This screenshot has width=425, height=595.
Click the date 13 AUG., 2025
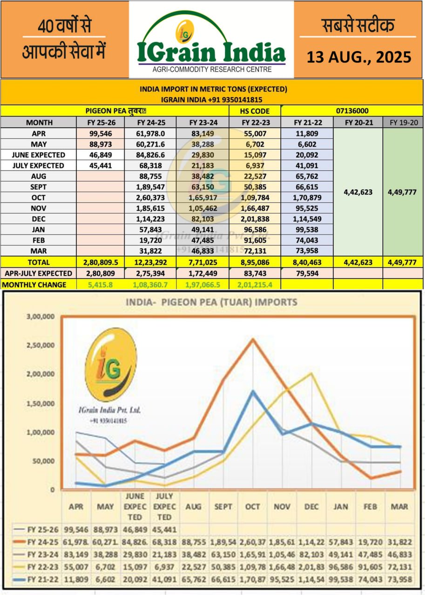[x=359, y=57]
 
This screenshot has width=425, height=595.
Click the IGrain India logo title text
[x=211, y=52]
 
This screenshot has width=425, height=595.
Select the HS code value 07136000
[x=352, y=111]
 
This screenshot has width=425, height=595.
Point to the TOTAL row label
[x=39, y=262]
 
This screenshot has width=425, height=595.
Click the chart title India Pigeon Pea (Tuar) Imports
[x=211, y=302]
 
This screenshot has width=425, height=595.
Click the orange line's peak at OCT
[x=253, y=339]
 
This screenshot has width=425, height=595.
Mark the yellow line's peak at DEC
[x=310, y=373]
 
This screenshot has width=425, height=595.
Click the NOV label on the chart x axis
[x=282, y=506]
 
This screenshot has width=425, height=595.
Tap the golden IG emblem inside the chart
[x=110, y=365]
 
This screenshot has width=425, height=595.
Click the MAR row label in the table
[x=39, y=251]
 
